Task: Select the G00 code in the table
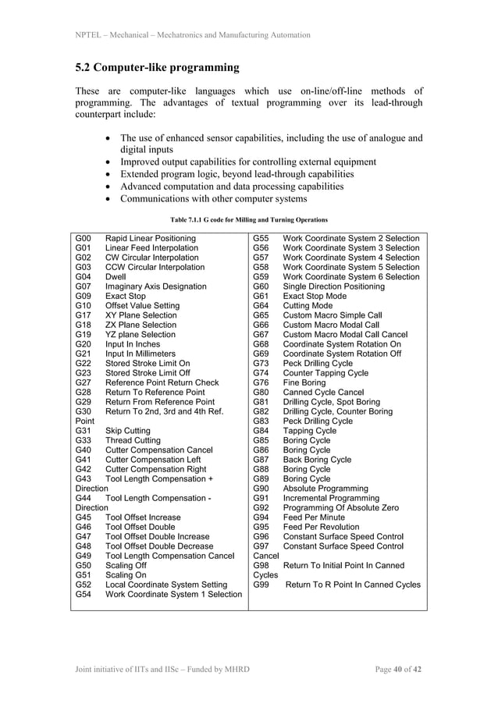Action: click(84, 238)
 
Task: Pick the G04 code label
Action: click(84, 276)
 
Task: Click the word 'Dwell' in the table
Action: click(116, 276)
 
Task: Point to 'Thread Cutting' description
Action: click(133, 440)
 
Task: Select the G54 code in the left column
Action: click(84, 594)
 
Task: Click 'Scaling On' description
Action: click(126, 574)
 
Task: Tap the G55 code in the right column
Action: click(261, 238)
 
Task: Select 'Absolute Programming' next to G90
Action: click(325, 489)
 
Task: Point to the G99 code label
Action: click(261, 585)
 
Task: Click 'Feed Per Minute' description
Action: click(315, 517)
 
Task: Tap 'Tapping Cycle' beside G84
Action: click(310, 431)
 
